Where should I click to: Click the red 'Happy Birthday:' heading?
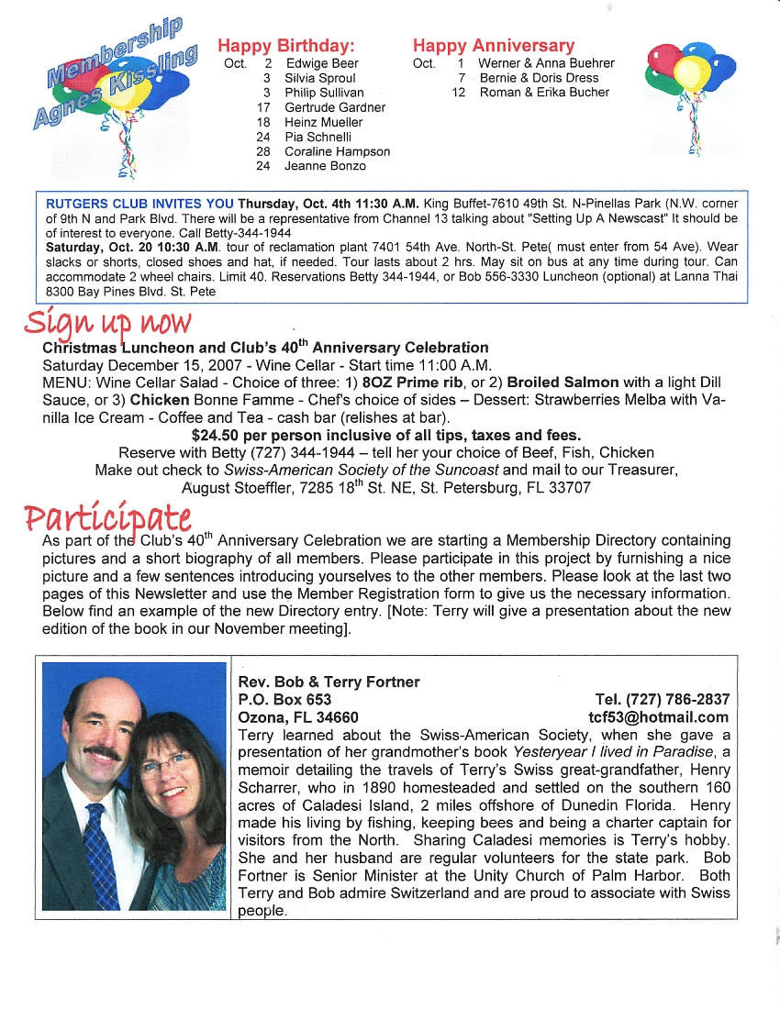pos(285,45)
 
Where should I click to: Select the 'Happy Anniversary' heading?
pos(493,45)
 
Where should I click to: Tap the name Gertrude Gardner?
pos(335,107)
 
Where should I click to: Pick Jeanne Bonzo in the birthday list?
pos(325,166)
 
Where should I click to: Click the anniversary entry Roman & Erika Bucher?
pos(544,93)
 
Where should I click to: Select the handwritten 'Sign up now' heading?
pos(108,323)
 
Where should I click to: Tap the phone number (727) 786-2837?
pos(675,700)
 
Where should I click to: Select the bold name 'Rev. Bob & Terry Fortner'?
pos(329,682)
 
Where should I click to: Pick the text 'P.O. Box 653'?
pos(284,700)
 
